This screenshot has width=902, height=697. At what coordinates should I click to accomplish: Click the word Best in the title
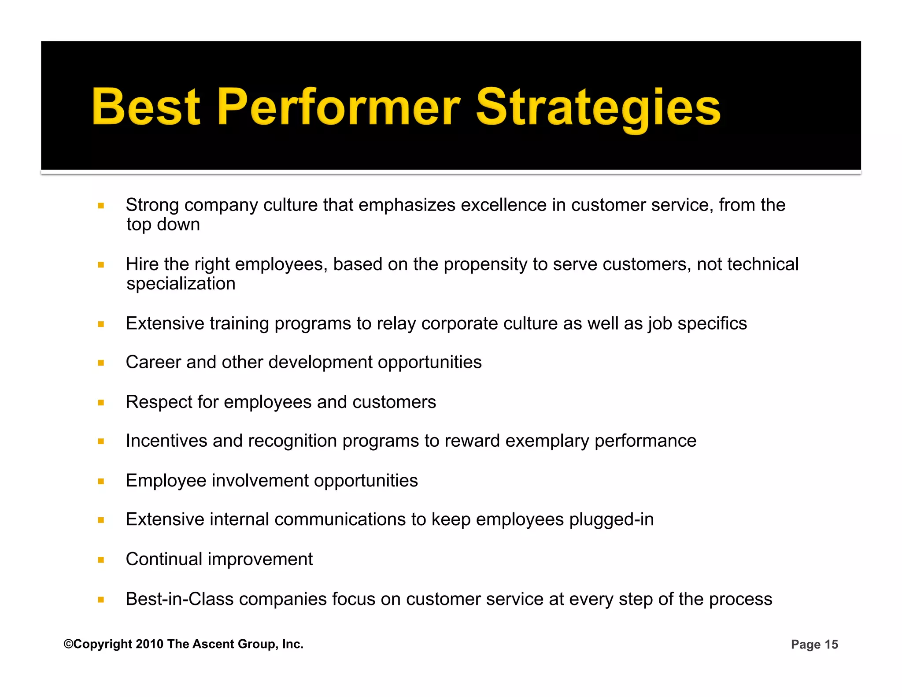click(146, 107)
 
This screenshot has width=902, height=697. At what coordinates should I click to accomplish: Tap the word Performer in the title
click(338, 107)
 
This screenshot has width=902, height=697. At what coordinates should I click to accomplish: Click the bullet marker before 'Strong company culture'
click(101, 205)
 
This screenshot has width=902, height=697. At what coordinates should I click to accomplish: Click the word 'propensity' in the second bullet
click(485, 264)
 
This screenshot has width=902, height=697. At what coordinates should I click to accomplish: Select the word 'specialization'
click(181, 284)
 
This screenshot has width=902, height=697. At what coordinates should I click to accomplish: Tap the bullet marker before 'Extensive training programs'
click(101, 324)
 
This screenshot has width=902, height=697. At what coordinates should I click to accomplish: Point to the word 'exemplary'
click(547, 441)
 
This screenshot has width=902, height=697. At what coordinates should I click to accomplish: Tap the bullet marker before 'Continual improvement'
click(101, 560)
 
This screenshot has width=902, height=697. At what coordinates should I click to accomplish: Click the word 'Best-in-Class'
click(179, 599)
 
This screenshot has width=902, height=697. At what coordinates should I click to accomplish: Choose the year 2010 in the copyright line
click(150, 644)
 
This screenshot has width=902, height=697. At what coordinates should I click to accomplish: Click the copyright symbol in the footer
click(68, 644)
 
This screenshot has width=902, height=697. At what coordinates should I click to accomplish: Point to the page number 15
click(831, 645)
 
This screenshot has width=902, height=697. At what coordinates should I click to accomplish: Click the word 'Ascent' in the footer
click(214, 644)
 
